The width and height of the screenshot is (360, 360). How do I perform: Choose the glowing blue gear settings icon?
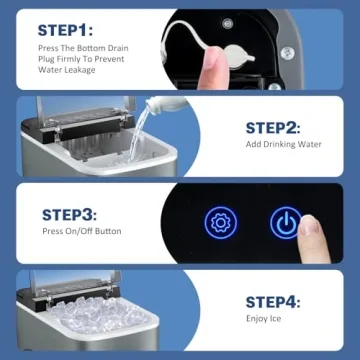point(219,223)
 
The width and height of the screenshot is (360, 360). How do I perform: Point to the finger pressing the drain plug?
point(214,68)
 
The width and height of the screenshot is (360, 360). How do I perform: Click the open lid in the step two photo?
point(75,111)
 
